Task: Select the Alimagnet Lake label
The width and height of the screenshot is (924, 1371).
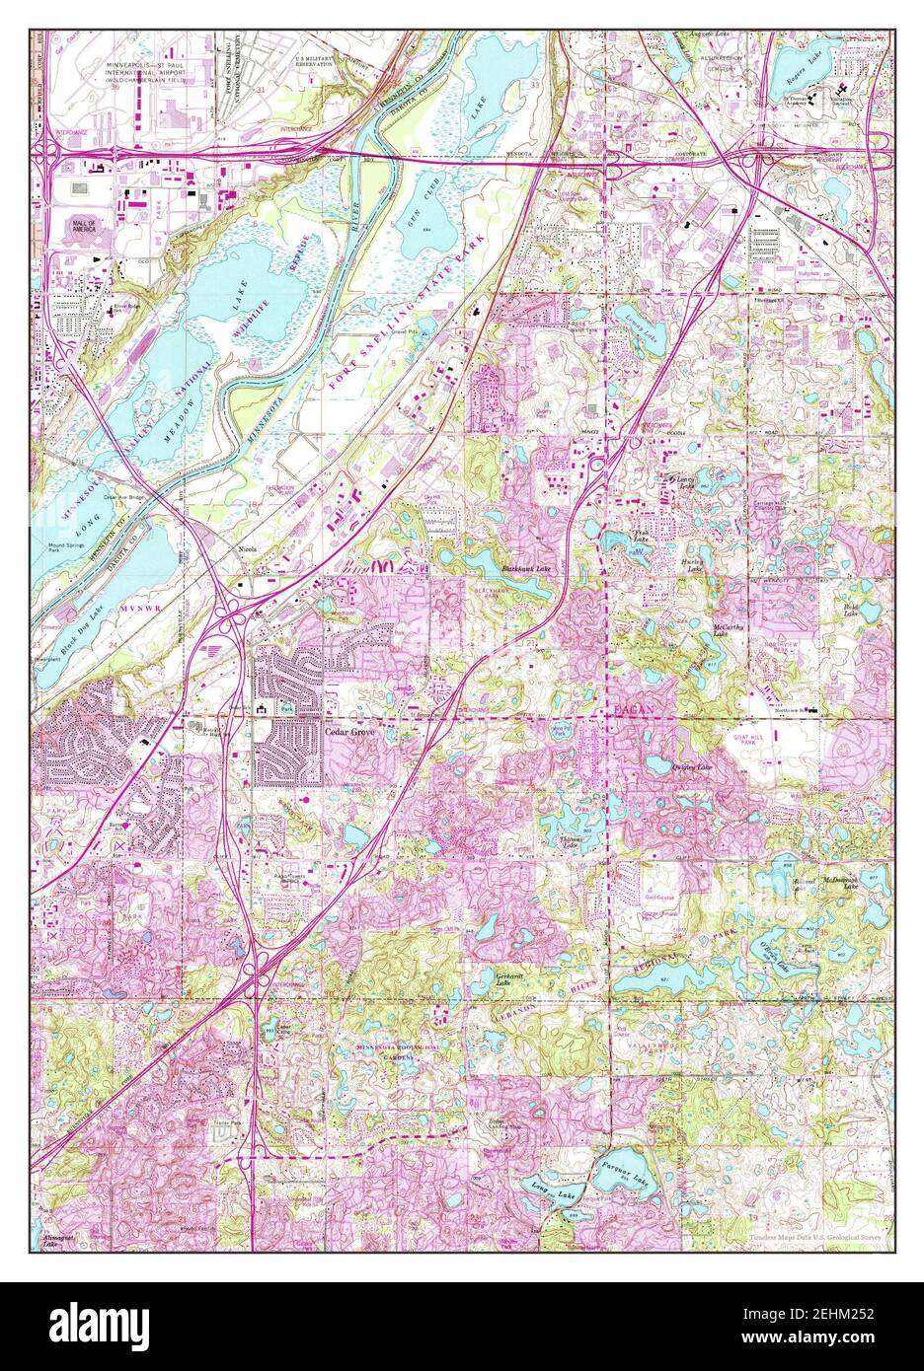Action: (56, 1240)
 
